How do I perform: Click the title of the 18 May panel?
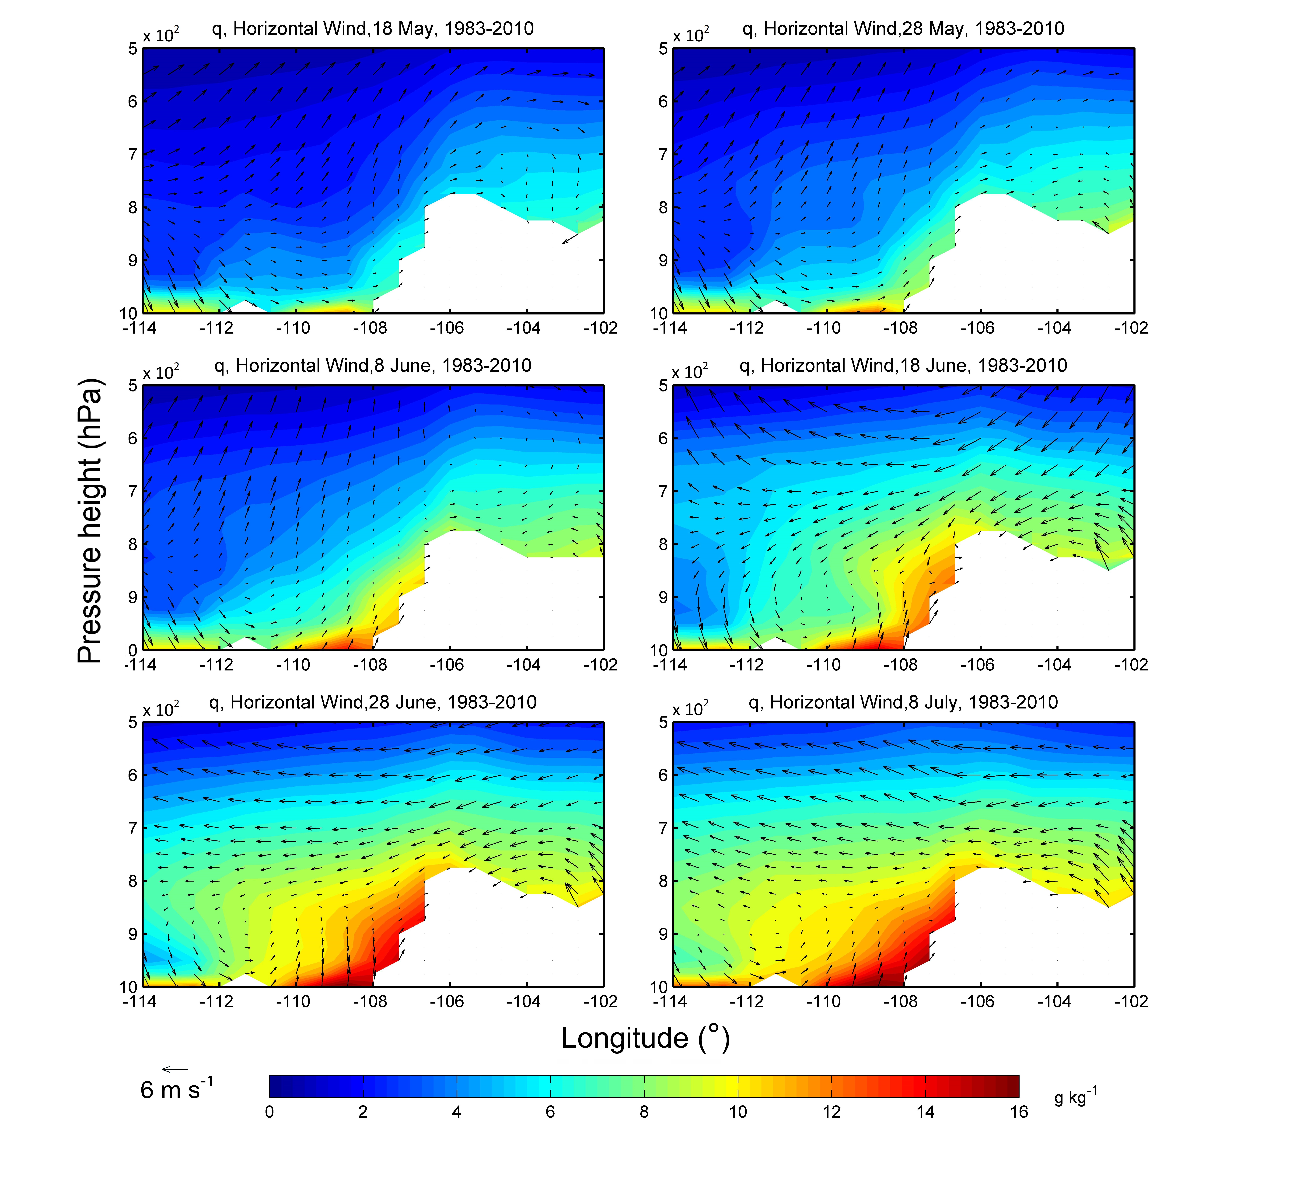pyautogui.click(x=373, y=29)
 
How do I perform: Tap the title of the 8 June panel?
pyautogui.click(x=373, y=366)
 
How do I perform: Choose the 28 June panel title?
pyautogui.click(x=373, y=703)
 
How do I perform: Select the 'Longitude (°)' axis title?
pyautogui.click(x=646, y=1038)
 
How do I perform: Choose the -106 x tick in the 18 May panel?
pyautogui.click(x=447, y=329)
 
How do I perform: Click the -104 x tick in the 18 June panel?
pyautogui.click(x=1054, y=665)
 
